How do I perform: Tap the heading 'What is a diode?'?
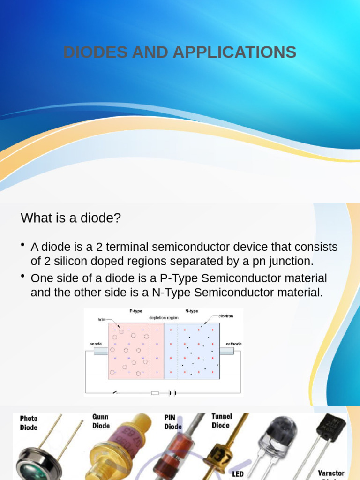coord(71,218)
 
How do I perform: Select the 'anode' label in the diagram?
coord(96,344)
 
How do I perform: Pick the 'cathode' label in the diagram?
coord(233,344)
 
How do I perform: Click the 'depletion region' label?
coord(164,317)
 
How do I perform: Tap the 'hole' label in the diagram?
coord(102,320)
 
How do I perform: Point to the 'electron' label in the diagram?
coord(225,316)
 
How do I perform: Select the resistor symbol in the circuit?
coord(155,393)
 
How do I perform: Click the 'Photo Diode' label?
coord(29,423)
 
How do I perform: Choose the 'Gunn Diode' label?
coord(101,421)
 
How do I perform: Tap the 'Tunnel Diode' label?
coord(221,420)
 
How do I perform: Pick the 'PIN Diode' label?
coord(173,421)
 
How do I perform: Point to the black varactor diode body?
coord(331,427)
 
